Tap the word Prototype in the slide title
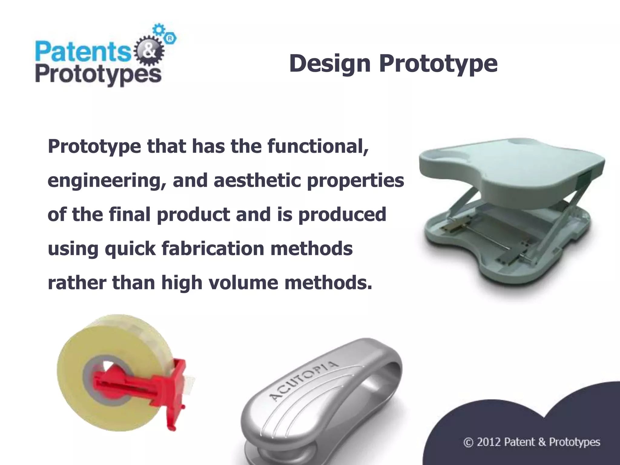tap(438, 64)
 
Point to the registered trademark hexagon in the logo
tap(170, 38)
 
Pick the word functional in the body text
tap(318, 146)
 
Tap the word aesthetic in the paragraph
tap(257, 180)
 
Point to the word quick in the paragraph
tap(130, 249)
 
